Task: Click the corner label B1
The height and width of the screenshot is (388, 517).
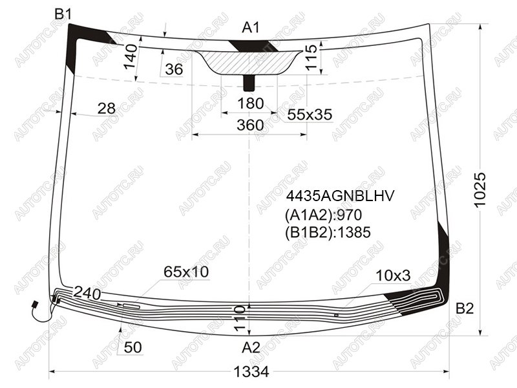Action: (x=63, y=14)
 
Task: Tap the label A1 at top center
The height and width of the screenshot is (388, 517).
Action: (x=251, y=28)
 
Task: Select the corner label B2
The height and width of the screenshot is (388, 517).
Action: (x=465, y=308)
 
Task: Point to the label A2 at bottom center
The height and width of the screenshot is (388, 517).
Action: (x=251, y=347)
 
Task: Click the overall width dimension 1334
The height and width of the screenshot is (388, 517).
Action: (x=251, y=372)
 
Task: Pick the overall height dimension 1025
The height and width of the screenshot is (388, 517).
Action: (x=480, y=189)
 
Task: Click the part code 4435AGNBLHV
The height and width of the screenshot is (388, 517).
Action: (x=340, y=196)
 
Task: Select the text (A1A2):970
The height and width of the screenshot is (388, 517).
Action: (x=324, y=215)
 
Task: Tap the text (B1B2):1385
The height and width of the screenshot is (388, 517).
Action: (x=328, y=232)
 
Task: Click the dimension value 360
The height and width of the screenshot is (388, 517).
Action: (x=250, y=125)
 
